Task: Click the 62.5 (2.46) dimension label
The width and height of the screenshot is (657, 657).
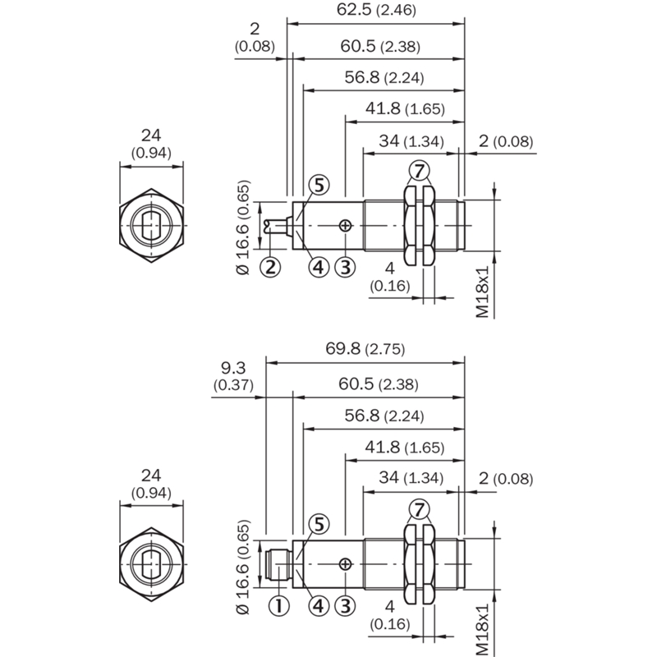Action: coord(376,9)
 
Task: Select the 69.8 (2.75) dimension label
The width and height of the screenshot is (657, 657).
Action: coord(365,348)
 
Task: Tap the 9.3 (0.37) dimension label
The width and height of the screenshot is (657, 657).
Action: coord(233,376)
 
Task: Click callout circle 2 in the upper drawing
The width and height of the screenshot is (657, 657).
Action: coord(270,266)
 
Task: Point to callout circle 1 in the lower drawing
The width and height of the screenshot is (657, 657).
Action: coord(278,605)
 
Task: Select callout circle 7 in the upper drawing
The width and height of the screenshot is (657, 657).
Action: coord(420,171)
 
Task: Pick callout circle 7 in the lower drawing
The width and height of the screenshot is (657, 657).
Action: coord(420,509)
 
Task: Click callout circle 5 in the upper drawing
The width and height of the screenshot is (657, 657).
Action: coord(319,185)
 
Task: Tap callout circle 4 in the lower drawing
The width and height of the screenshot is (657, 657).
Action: coord(319,605)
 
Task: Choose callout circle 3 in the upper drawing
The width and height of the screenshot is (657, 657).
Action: coord(345,266)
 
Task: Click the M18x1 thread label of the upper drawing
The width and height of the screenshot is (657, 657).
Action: coord(483,292)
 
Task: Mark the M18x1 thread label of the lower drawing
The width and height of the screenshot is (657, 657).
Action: coord(483,630)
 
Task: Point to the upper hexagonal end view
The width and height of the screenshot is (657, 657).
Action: coord(151,225)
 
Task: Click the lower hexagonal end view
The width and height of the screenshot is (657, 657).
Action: coord(151,564)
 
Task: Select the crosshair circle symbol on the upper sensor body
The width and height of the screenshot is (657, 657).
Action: coord(345,226)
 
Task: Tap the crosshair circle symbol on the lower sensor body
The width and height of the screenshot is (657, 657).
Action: coord(345,564)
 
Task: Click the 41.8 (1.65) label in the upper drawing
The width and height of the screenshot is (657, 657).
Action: coord(405,108)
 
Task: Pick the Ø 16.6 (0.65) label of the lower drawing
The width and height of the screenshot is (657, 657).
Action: coord(243,567)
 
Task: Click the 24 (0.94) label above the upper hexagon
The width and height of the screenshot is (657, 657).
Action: coord(151,144)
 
